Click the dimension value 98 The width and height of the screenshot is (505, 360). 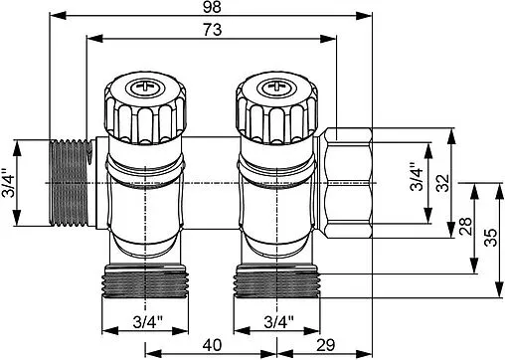(212, 7)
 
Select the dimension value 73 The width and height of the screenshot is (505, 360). (213, 30)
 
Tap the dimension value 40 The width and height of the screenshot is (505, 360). (212, 345)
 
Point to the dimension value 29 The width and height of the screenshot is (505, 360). (326, 345)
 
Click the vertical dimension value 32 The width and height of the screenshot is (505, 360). (443, 183)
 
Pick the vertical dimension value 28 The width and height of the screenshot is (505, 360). (466, 227)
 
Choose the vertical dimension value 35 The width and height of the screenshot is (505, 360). (491, 238)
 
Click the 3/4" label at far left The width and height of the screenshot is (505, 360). (8, 183)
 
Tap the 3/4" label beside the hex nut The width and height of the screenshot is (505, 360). (417, 177)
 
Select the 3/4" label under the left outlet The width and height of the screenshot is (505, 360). (148, 322)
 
